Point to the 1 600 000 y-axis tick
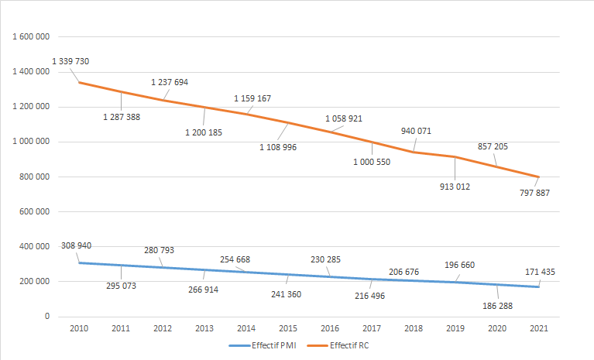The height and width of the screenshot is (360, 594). [32, 37]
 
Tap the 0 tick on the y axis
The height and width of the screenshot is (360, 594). [48, 317]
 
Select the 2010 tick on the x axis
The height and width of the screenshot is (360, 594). [78, 328]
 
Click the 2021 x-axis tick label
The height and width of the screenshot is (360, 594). [538, 328]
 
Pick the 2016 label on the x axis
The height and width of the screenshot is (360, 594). [329, 328]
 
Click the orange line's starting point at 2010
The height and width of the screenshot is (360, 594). [78, 82]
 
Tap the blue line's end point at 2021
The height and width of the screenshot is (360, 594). [538, 286]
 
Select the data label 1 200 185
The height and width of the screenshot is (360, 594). [204, 132]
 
